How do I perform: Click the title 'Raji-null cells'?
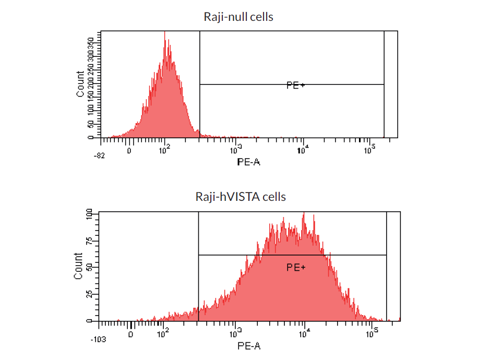(x=238, y=17)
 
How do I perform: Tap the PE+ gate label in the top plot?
(x=295, y=85)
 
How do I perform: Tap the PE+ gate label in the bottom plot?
(x=296, y=267)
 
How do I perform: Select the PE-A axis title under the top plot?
(x=248, y=162)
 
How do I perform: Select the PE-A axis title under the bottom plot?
(x=248, y=345)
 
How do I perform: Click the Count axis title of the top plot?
(x=80, y=84)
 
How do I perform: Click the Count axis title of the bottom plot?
(x=78, y=266)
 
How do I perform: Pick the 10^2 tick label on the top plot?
(x=164, y=150)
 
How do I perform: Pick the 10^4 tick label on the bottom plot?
(x=304, y=333)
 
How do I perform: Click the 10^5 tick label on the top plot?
(x=369, y=150)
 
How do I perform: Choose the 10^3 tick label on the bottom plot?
(x=236, y=333)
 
